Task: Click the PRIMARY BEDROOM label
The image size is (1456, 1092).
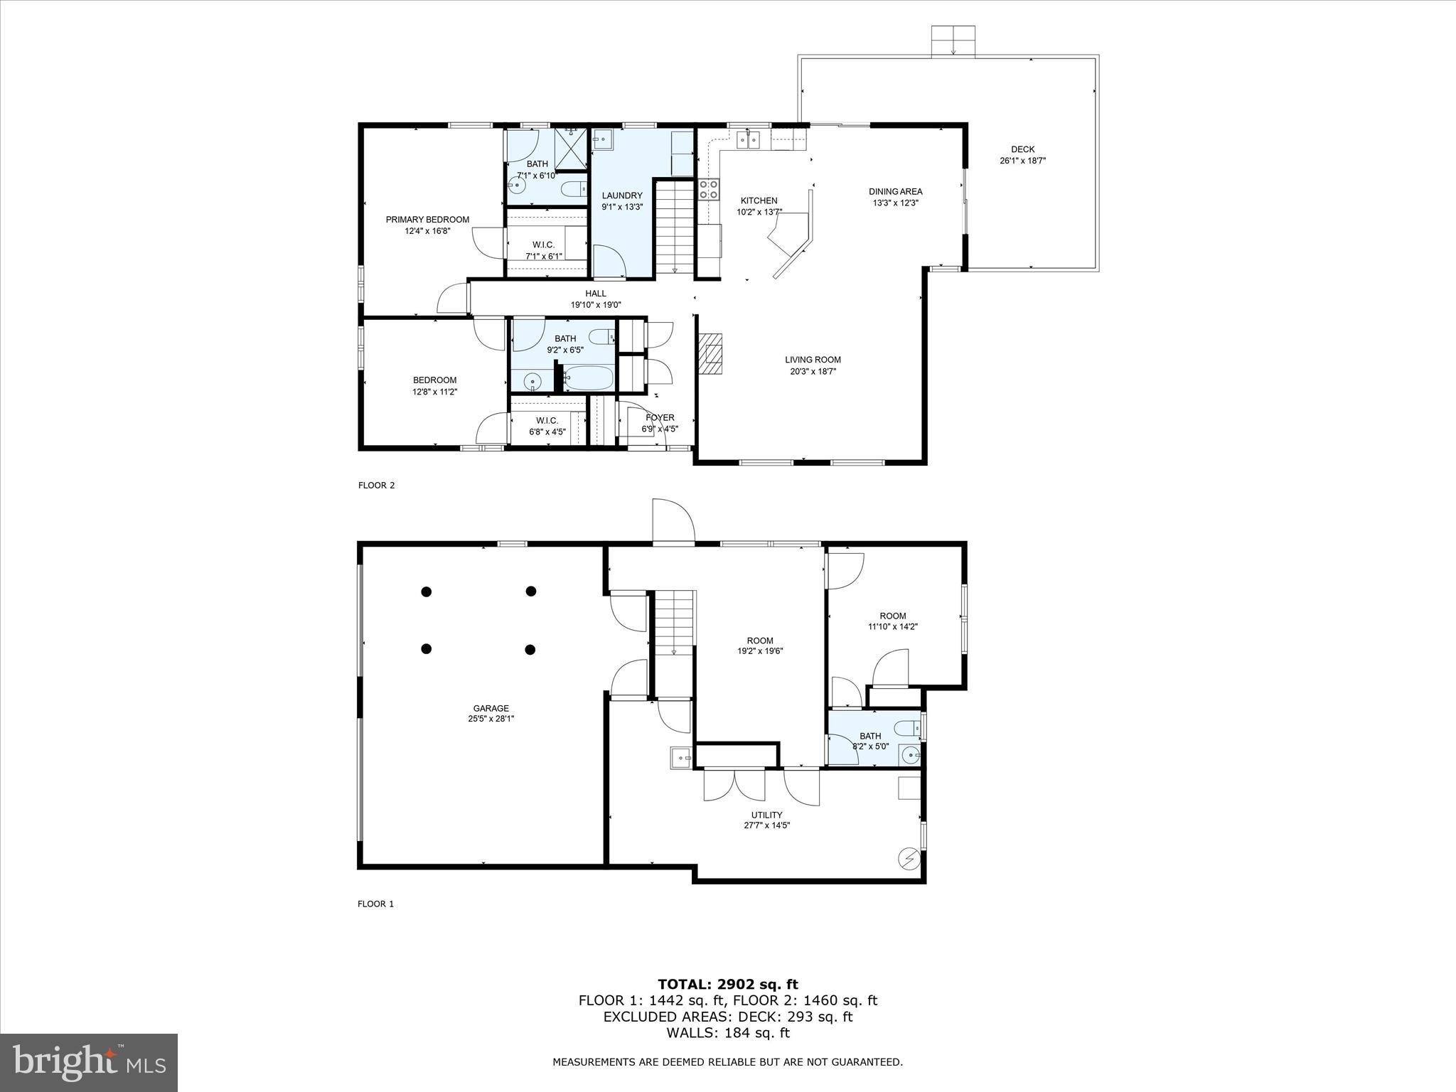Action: pyautogui.click(x=427, y=220)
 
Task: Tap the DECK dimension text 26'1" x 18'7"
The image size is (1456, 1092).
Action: pyautogui.click(x=1022, y=161)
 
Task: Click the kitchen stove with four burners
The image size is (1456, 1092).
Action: pyautogui.click(x=709, y=188)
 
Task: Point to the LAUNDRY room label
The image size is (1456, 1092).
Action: pyautogui.click(x=622, y=196)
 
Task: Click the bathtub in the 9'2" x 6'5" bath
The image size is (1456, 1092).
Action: pyautogui.click(x=589, y=378)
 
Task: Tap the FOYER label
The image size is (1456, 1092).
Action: pyautogui.click(x=660, y=417)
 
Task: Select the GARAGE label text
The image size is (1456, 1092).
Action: pyautogui.click(x=491, y=708)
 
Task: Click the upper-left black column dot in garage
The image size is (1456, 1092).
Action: pyautogui.click(x=427, y=591)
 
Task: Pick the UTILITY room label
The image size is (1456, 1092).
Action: pyautogui.click(x=766, y=815)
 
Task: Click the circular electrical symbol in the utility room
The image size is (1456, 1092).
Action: pyautogui.click(x=909, y=859)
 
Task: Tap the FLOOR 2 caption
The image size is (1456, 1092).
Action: pyautogui.click(x=376, y=486)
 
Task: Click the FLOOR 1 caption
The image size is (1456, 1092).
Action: pyautogui.click(x=375, y=904)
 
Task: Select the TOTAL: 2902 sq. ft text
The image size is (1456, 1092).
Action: pyautogui.click(x=727, y=984)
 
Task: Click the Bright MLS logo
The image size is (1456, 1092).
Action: pyautogui.click(x=89, y=1062)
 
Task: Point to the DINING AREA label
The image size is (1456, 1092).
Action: pyautogui.click(x=895, y=191)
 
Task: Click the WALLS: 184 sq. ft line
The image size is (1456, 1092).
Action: pyautogui.click(x=727, y=1033)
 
